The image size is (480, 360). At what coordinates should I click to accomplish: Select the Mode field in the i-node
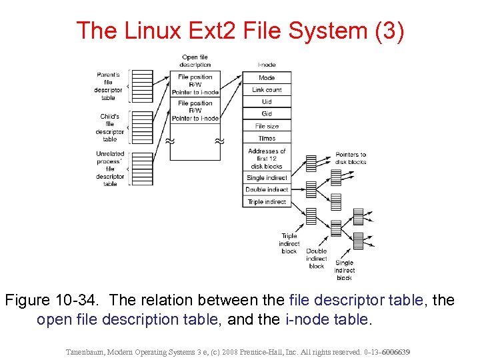(x=267, y=77)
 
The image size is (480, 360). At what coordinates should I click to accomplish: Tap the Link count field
(x=267, y=89)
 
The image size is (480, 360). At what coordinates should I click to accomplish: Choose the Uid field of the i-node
(x=267, y=101)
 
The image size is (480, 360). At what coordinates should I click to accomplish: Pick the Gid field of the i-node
(x=267, y=114)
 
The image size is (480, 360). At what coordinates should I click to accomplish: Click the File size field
(x=267, y=126)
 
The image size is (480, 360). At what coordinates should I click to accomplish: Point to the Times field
(x=267, y=138)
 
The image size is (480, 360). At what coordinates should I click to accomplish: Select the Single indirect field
(x=267, y=178)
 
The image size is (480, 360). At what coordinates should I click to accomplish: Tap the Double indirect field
(x=267, y=190)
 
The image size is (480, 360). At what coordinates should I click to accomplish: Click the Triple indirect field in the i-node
(x=267, y=202)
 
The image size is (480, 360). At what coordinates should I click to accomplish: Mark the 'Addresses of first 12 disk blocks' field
(x=267, y=158)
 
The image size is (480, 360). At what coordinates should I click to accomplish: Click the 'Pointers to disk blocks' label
(x=351, y=158)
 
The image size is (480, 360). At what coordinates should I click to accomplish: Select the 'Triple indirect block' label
(x=289, y=243)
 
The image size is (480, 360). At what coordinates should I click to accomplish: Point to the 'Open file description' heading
(x=195, y=61)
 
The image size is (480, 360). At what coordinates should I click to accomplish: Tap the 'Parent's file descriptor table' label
(x=108, y=86)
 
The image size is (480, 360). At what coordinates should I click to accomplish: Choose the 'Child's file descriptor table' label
(x=110, y=127)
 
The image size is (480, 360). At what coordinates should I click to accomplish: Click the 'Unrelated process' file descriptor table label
(x=110, y=169)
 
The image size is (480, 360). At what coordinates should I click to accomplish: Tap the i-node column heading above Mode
(x=267, y=65)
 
